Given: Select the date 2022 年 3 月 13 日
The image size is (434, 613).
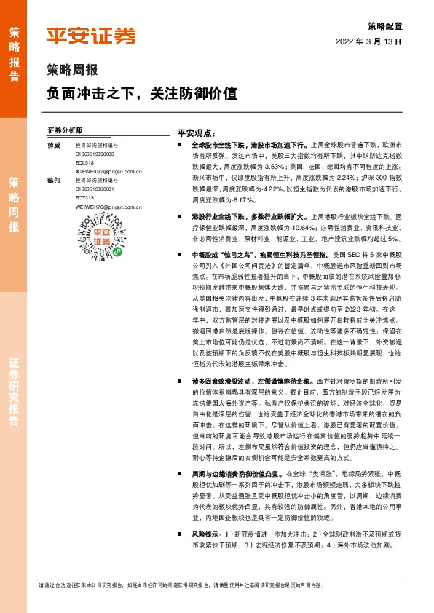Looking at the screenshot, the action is point(368,42).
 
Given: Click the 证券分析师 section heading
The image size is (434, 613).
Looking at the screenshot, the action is point(64,130).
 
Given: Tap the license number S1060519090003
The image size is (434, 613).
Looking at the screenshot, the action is point(95,154).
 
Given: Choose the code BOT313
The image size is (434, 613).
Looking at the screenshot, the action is point(84,197).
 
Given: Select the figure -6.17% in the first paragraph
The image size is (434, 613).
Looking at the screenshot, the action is point(242,199).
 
